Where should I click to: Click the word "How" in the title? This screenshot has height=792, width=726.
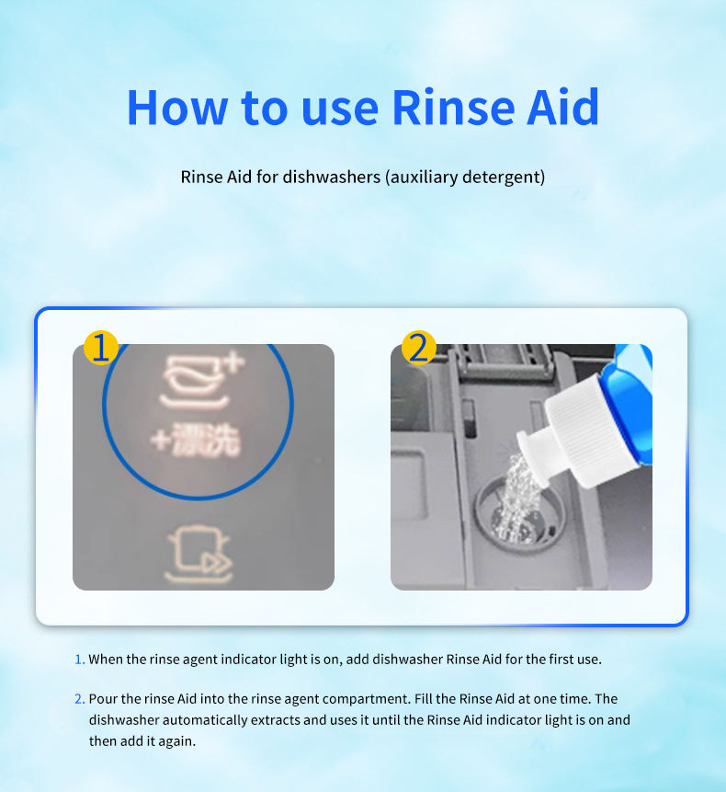click(x=177, y=107)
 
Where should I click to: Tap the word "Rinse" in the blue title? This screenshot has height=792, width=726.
click(x=453, y=107)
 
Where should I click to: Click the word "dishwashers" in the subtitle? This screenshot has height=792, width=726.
click(x=332, y=178)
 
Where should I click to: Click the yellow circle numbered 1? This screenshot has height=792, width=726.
click(x=101, y=348)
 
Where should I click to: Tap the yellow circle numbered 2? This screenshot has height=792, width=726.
click(x=419, y=348)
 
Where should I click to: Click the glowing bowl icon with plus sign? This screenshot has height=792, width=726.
click(x=201, y=382)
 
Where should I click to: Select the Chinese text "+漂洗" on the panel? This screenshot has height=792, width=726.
click(x=196, y=441)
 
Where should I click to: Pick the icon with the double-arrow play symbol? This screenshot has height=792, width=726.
click(x=199, y=555)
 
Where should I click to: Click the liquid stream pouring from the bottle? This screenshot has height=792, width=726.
click(x=517, y=498)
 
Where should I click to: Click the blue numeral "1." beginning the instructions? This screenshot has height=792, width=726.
click(x=80, y=660)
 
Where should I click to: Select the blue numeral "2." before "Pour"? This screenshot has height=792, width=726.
click(x=80, y=699)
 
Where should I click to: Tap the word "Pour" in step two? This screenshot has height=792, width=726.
click(x=104, y=699)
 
